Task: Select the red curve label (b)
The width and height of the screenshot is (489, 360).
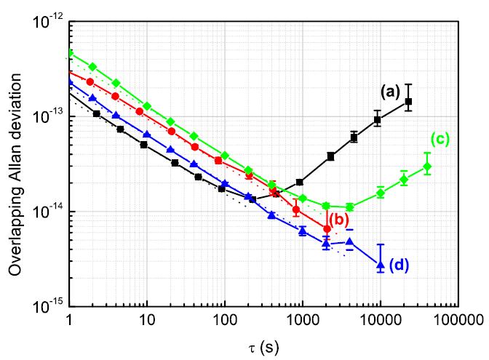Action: point(339,219)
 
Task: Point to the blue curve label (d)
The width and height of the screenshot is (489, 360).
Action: point(405,265)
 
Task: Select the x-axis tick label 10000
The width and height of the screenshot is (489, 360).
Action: point(379,320)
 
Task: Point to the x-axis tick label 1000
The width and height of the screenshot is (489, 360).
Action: point(301,320)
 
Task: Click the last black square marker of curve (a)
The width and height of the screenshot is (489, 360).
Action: point(408,102)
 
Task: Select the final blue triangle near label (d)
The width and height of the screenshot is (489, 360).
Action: point(380,264)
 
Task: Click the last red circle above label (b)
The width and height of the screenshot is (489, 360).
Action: point(327,229)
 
